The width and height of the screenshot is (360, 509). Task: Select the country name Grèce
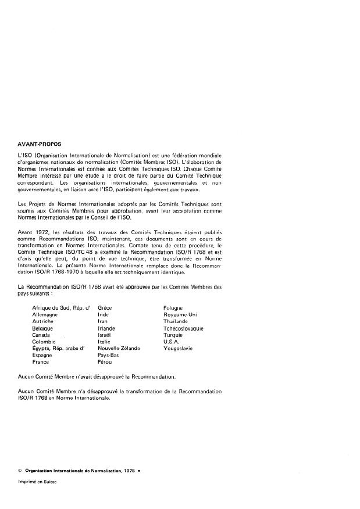click(x=105, y=306)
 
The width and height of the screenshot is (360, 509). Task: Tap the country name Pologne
click(x=174, y=306)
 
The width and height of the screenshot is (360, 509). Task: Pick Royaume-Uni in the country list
click(x=180, y=314)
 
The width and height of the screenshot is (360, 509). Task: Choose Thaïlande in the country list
click(x=176, y=321)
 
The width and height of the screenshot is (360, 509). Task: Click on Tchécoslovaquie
click(x=184, y=328)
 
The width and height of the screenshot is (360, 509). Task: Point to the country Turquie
click(x=174, y=335)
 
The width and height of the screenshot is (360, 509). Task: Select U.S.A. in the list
click(x=173, y=342)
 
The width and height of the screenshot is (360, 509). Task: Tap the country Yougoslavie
click(x=179, y=349)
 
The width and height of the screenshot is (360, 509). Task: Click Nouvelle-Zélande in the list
click(x=119, y=349)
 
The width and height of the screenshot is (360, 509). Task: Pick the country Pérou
click(x=106, y=362)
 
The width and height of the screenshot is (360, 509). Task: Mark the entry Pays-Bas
click(x=109, y=355)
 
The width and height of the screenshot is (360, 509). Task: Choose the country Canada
click(x=41, y=335)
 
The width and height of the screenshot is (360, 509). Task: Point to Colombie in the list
click(x=44, y=342)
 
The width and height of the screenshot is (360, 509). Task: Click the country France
click(x=41, y=362)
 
